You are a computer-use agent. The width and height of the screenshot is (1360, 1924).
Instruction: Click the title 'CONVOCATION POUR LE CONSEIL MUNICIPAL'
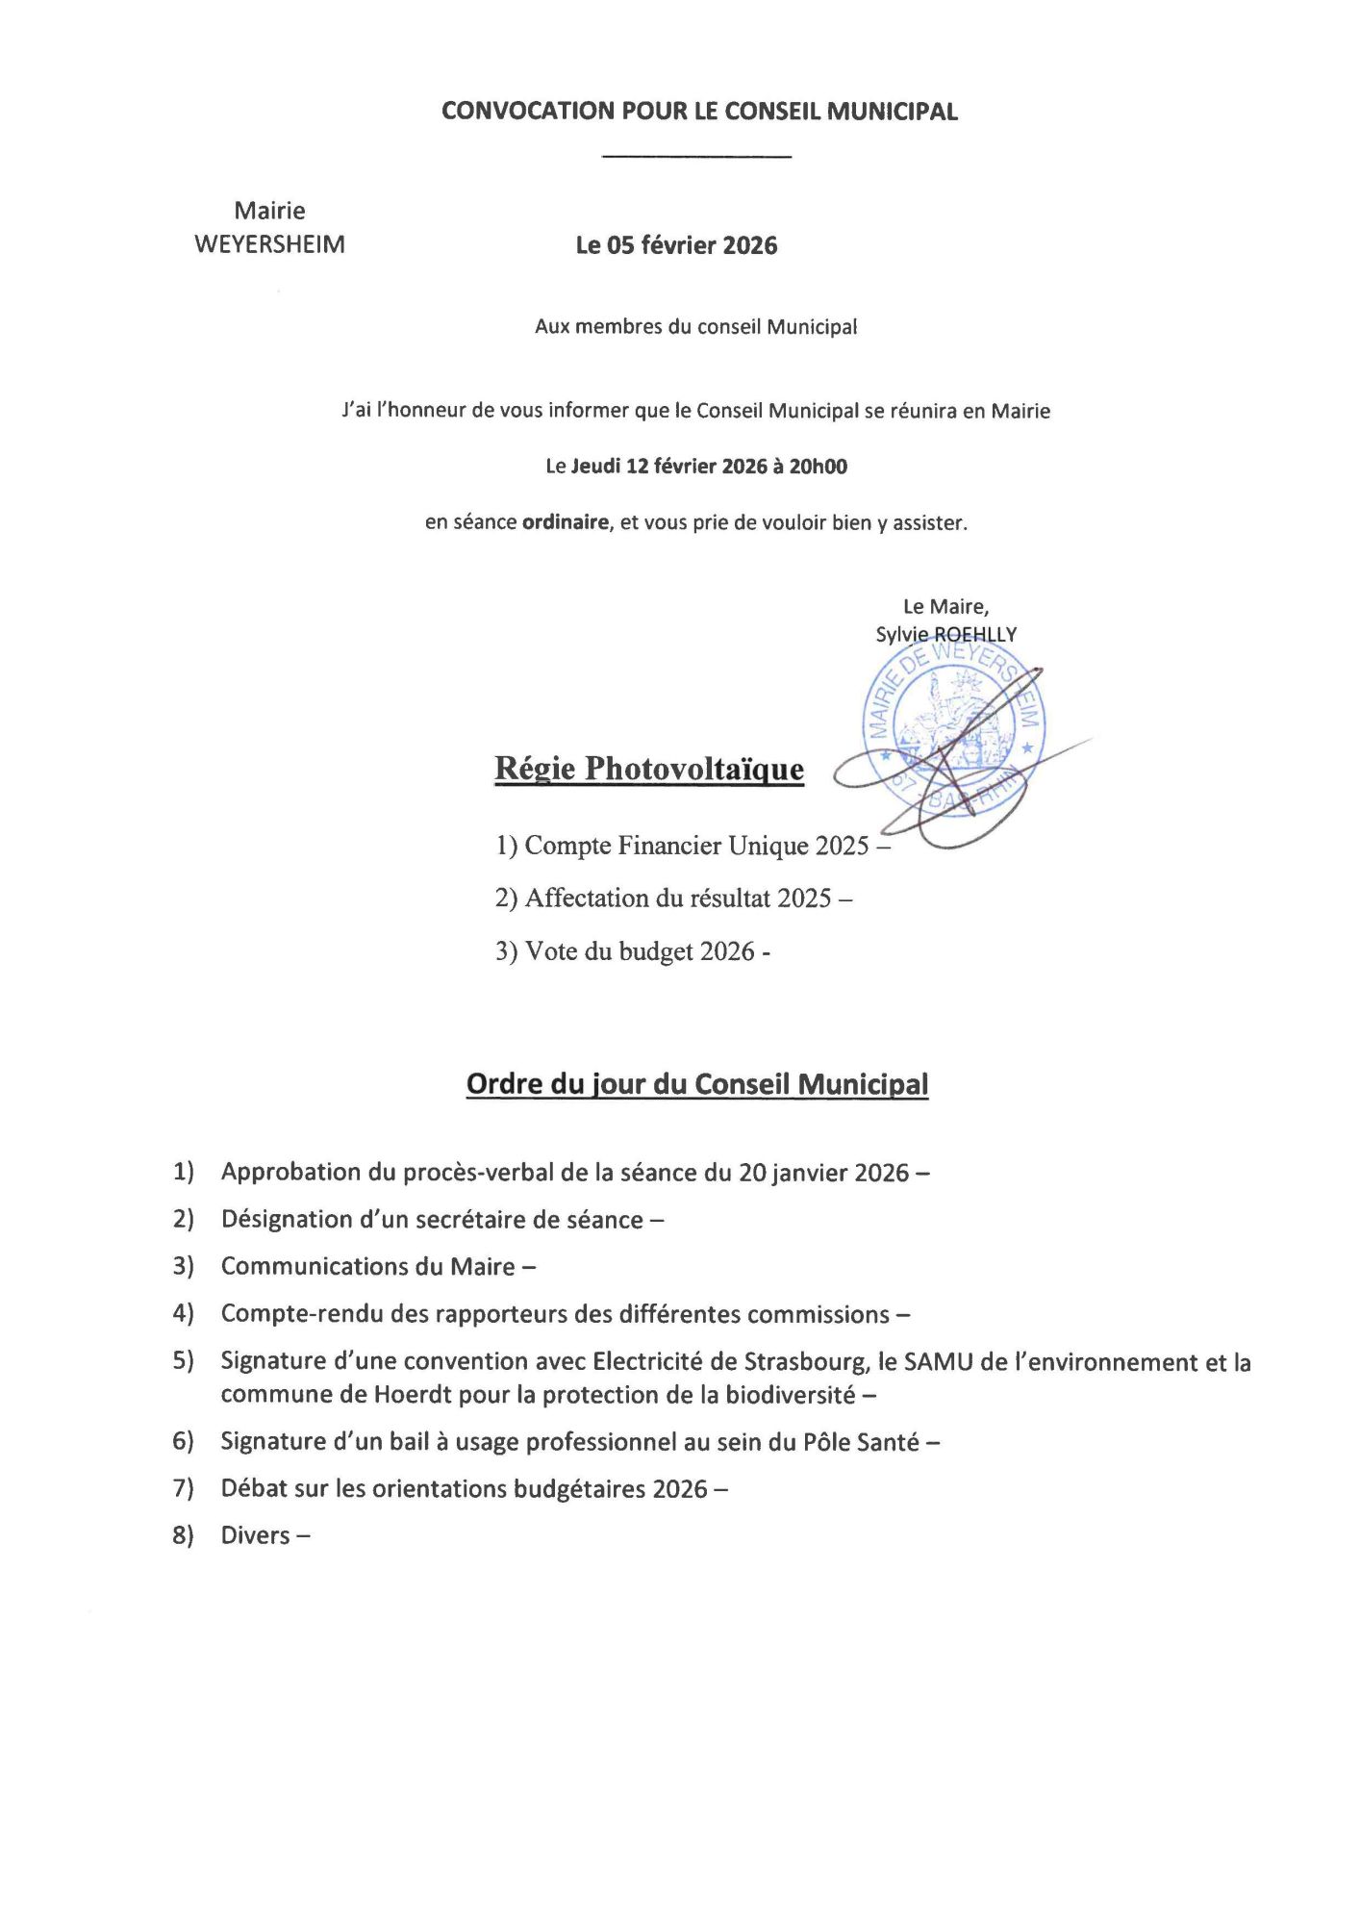click(x=699, y=112)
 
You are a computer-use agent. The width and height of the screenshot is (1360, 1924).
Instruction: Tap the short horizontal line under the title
click(x=696, y=156)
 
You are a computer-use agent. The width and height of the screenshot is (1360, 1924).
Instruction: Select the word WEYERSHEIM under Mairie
click(x=269, y=244)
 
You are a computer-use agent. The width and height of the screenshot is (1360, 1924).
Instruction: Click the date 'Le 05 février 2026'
click(x=676, y=245)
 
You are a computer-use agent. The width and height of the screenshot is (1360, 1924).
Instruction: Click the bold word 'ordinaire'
click(x=565, y=523)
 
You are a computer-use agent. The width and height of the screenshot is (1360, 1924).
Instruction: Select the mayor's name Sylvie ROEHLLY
click(x=945, y=634)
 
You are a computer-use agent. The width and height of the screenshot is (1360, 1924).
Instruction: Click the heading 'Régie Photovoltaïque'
click(x=649, y=769)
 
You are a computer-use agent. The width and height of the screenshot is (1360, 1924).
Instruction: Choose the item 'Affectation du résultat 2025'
click(x=677, y=899)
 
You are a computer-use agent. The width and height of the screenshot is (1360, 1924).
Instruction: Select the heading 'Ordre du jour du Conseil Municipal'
click(x=697, y=1084)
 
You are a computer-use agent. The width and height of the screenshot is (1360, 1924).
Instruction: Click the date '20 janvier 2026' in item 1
click(x=823, y=1173)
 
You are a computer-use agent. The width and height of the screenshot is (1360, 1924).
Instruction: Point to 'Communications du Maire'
click(x=368, y=1267)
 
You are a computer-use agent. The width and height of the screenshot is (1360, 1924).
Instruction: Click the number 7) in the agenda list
click(x=183, y=1489)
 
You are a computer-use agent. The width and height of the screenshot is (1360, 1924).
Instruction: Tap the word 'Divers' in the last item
click(x=255, y=1536)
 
